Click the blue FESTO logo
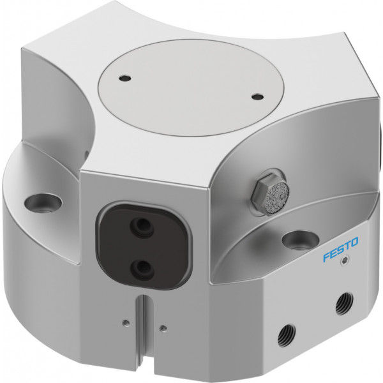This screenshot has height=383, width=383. pos(340,250)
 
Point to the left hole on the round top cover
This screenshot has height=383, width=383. pos(124,79)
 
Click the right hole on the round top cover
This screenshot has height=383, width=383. pos(257,97)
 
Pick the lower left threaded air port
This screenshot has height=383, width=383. pos(287,334)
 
